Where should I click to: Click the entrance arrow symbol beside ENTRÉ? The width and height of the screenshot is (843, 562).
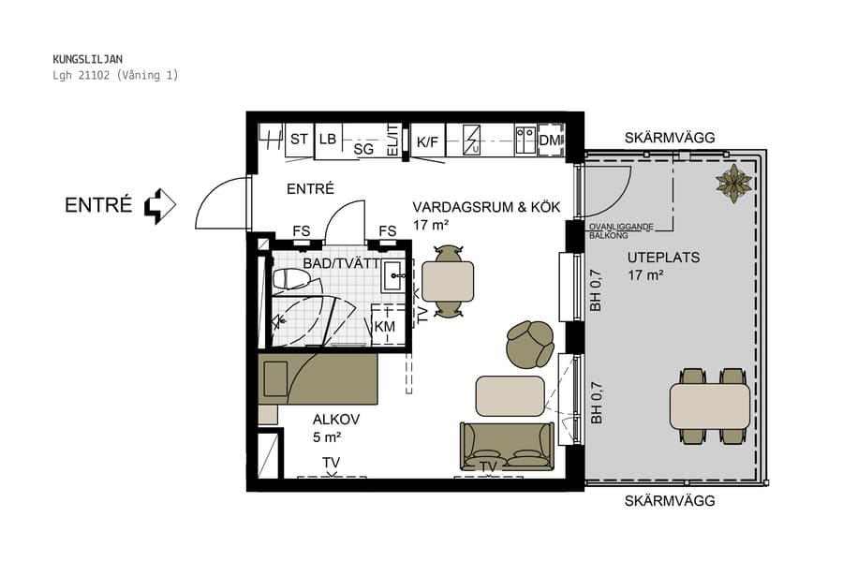pos(159,207)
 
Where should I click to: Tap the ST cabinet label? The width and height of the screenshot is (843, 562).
pos(299,140)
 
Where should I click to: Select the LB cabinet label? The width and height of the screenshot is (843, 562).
pos(327,140)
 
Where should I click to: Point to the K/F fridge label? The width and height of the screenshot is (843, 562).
pos(427,141)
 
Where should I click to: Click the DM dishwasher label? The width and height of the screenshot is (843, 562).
pos(550,140)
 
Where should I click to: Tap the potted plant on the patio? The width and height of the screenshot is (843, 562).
pos(734,182)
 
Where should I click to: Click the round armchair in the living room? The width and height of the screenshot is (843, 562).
pos(530,344)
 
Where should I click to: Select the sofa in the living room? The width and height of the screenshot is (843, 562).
pos(507,447)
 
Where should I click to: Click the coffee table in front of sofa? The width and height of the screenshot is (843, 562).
pos(510,395)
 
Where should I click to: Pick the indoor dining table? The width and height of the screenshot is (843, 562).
pos(448,281)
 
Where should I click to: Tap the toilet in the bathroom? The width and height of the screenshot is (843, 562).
pos(289,278)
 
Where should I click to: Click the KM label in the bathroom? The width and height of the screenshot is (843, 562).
pos(384,326)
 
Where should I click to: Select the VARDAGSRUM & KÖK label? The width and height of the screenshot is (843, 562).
pos(486,207)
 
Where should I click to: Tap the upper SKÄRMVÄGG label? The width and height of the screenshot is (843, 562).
pos(670,138)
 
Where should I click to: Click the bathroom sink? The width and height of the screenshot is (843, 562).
pos(393,273)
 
